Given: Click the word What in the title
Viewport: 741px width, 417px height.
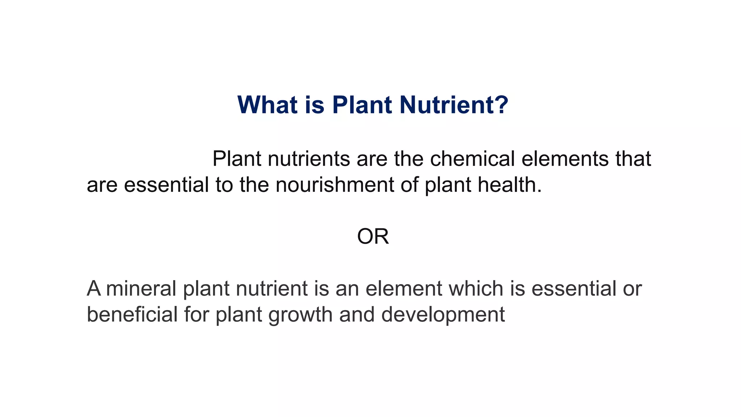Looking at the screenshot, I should pos(267,105).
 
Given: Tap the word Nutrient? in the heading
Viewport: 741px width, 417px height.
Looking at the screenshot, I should pos(454,105).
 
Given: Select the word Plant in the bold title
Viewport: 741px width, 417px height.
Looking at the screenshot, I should pos(362,105).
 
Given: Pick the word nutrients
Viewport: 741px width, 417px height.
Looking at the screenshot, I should pos(309,159).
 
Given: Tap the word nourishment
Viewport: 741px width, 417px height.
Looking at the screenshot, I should pos(335,185).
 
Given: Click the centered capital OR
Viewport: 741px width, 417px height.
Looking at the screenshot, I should pos(373,237).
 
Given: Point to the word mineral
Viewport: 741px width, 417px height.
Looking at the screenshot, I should pos(141,288).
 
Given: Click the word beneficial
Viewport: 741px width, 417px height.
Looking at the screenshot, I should pos(132,314).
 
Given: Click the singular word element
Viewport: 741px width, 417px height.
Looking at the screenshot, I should pos(404,288).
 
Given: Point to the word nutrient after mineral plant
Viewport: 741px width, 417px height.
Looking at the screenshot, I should pos(271,288).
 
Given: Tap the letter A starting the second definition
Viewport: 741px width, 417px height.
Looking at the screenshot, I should pos(94,288).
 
